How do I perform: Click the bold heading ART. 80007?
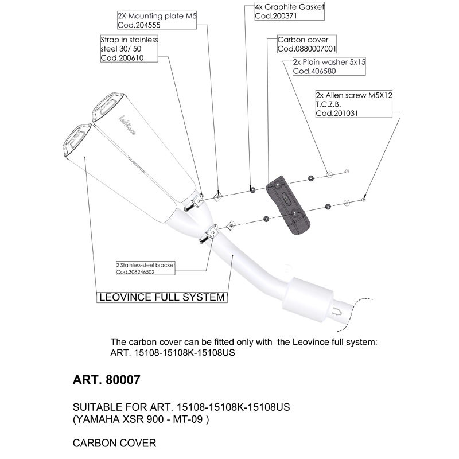107,380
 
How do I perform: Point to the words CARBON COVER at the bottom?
115,444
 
